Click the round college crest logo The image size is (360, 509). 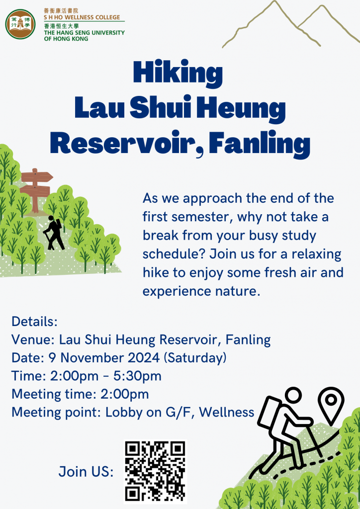(x=20, y=24)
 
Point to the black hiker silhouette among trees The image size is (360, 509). (x=54, y=233)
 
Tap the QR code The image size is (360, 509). (x=155, y=471)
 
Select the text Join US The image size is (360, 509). (x=86, y=471)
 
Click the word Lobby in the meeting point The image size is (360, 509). (x=122, y=412)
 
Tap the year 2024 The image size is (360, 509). (x=144, y=358)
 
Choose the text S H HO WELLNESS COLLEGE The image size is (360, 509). (x=82, y=17)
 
